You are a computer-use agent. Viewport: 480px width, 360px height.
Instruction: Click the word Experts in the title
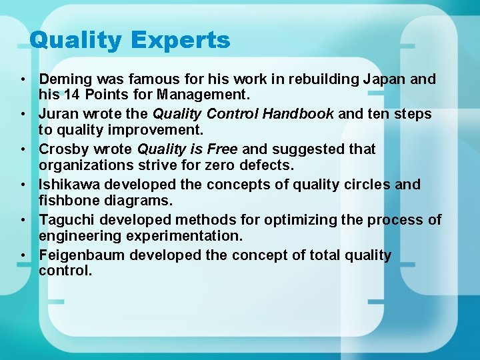tap(181, 41)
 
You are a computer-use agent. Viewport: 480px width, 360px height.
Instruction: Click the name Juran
tap(59, 114)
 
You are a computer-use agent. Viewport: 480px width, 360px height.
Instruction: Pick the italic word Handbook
tap(298, 114)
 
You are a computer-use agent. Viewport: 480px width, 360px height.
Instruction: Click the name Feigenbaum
tap(82, 255)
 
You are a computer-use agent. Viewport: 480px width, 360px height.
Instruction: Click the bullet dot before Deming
tap(23, 80)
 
